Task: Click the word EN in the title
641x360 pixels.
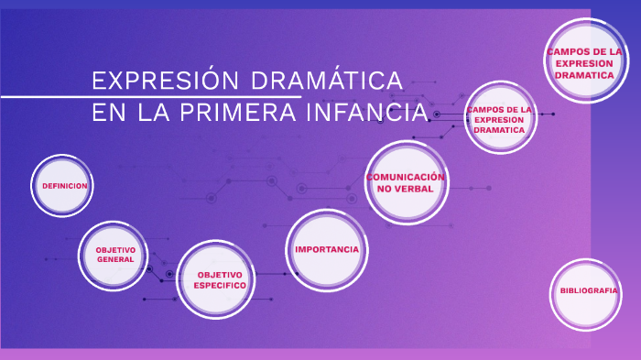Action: pos(108,114)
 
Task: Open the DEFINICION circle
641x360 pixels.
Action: pos(64,186)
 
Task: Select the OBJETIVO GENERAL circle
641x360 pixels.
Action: pos(115,254)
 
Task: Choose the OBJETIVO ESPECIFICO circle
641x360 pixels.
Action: pos(216,279)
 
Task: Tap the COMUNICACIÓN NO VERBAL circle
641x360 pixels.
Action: pos(405,181)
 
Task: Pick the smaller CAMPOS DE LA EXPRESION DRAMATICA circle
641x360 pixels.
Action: pos(499,119)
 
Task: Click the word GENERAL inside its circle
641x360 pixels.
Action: pos(115,259)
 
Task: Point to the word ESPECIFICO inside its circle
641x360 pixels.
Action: pos(220,286)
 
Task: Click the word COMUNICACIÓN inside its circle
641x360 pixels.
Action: pos(406,176)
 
